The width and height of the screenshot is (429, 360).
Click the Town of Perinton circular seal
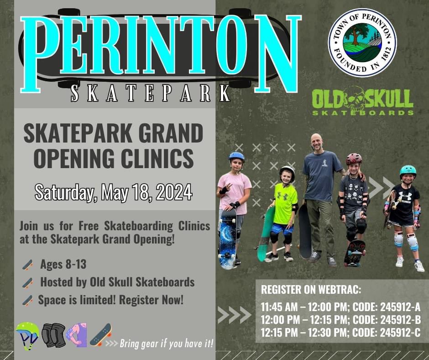point(362,43)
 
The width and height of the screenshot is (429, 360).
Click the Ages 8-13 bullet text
point(63,264)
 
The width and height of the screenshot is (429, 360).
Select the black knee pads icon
point(53,335)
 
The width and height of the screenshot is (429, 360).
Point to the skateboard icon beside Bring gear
point(100,334)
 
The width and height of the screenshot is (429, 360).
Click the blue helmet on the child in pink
point(236,156)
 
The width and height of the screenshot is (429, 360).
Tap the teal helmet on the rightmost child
point(408,170)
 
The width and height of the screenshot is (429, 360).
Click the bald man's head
point(316,142)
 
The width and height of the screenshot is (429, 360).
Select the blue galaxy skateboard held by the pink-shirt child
point(227,239)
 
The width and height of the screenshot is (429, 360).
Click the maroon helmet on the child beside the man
point(354,159)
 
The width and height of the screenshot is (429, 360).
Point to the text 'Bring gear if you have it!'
point(167,344)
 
